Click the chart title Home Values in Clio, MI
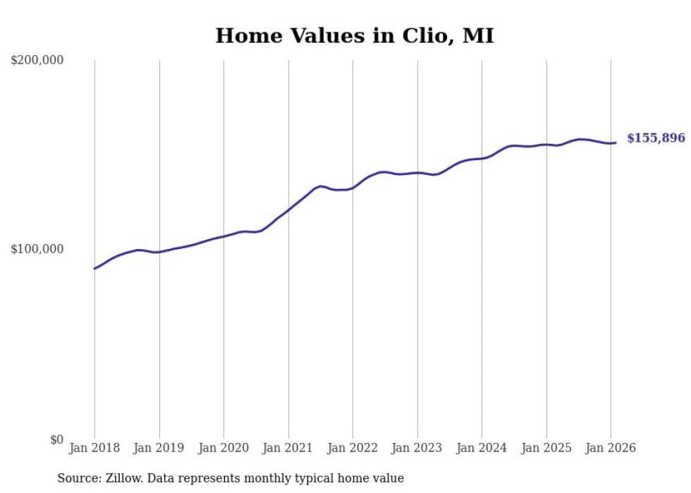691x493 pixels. (354, 36)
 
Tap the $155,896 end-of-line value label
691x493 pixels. (656, 138)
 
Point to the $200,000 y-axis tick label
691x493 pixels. (37, 61)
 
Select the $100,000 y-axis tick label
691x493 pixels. (37, 250)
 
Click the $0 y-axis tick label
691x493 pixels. (56, 439)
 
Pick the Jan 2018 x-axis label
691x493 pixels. (94, 448)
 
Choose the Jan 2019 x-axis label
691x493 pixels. (159, 448)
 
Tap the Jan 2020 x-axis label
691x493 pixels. (224, 448)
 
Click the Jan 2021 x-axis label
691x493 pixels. (288, 448)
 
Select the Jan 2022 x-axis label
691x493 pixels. (353, 448)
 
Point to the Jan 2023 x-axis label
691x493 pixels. (417, 448)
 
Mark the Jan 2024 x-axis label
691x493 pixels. (482, 448)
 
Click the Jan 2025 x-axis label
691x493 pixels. (546, 448)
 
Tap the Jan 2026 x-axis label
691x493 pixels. (611, 448)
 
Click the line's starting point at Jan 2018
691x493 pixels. (94, 269)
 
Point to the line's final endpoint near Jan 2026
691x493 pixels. (616, 143)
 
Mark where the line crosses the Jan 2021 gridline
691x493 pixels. (288, 209)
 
